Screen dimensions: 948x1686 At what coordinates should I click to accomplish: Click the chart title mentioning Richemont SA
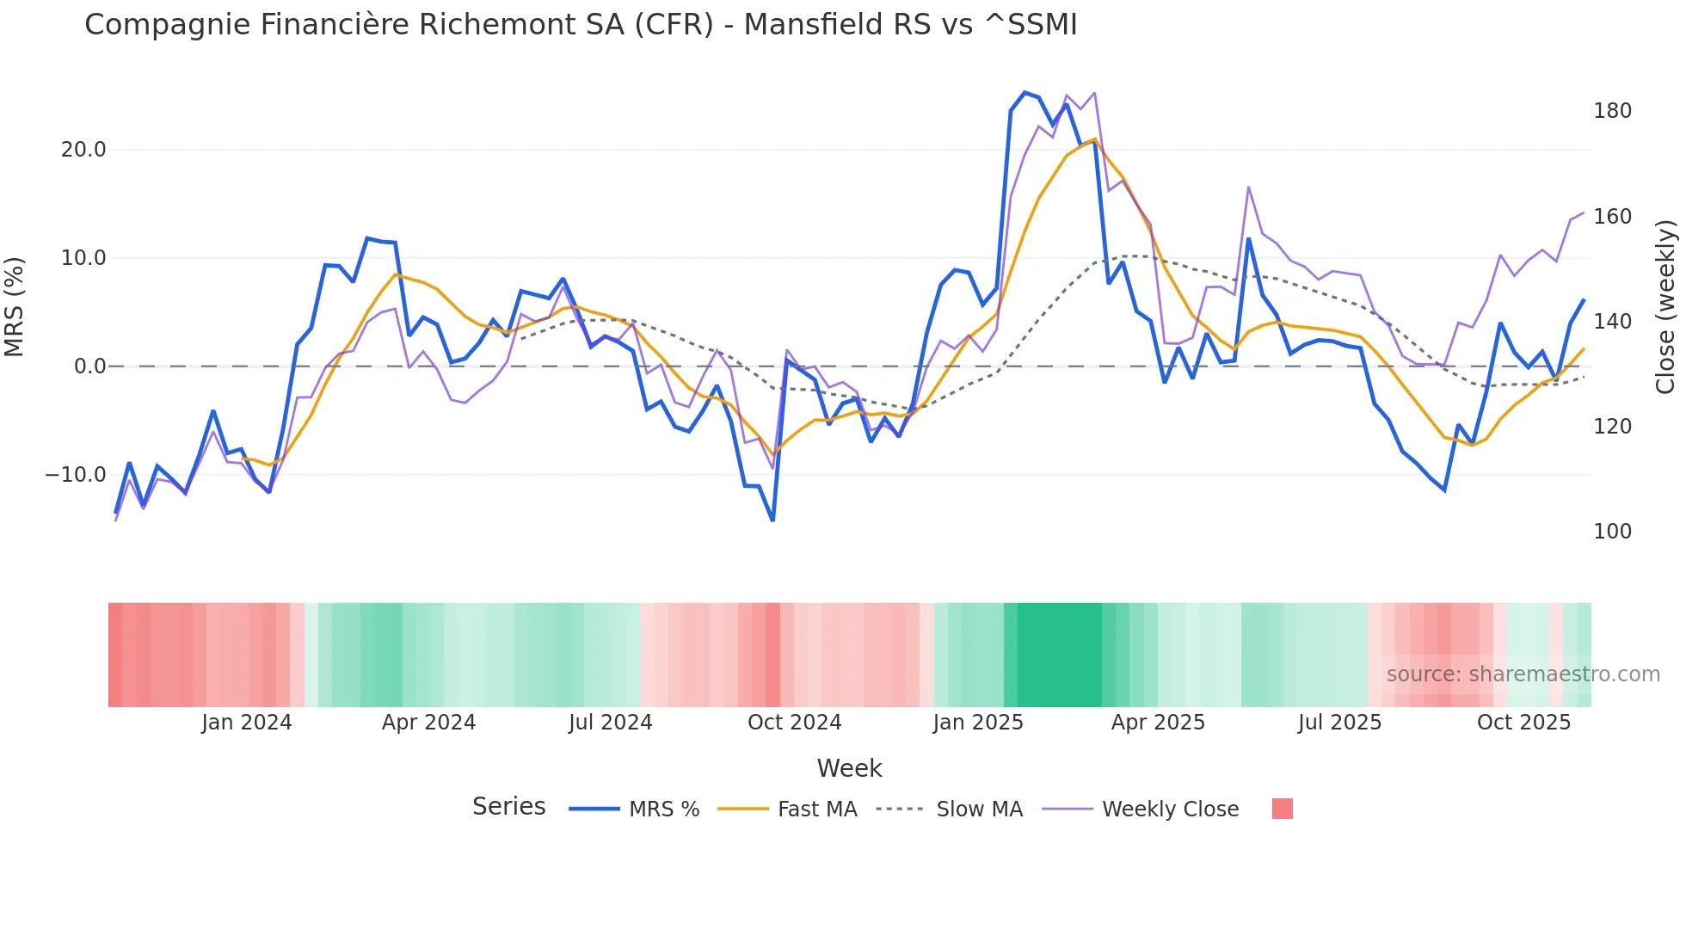pyautogui.click(x=581, y=25)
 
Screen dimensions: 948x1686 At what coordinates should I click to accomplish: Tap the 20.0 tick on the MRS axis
pyautogui.click(x=83, y=150)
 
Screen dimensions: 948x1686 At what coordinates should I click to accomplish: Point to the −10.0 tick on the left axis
pyautogui.click(x=76, y=475)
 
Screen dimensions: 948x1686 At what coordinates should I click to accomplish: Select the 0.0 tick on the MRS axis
pyautogui.click(x=89, y=366)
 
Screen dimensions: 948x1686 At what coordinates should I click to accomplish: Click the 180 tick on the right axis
pyautogui.click(x=1612, y=111)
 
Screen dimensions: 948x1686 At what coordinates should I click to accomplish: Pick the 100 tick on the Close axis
pyautogui.click(x=1612, y=532)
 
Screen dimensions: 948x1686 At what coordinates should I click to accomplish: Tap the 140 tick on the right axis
pyautogui.click(x=1612, y=322)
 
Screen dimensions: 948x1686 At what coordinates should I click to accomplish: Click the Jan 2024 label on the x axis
pyautogui.click(x=247, y=723)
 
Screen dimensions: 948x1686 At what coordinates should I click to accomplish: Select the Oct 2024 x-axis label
pyautogui.click(x=794, y=723)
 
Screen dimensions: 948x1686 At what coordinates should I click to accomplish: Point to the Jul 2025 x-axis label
pyautogui.click(x=1339, y=723)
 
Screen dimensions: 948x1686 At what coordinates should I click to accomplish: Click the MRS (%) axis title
pyautogui.click(x=15, y=306)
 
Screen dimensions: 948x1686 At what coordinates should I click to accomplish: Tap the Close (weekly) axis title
pyautogui.click(x=1666, y=306)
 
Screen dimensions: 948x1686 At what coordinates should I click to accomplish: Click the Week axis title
pyautogui.click(x=849, y=768)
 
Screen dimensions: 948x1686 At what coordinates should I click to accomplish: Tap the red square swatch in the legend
pyautogui.click(x=1282, y=809)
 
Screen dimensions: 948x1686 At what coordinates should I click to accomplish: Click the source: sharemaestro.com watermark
pyautogui.click(x=1523, y=674)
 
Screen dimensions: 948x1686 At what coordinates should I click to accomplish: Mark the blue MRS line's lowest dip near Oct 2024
pyautogui.click(x=772, y=520)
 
